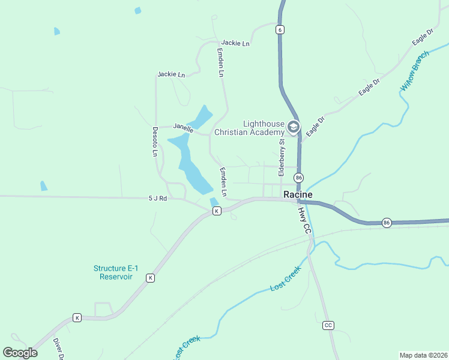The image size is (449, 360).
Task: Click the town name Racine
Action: (298, 194)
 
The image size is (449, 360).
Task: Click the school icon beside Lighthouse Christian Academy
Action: (294, 127)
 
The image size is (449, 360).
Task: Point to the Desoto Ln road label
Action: (154, 142)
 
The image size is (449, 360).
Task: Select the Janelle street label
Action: (183, 127)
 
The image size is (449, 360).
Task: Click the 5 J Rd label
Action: (156, 198)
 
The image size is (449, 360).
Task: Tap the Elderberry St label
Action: (281, 157)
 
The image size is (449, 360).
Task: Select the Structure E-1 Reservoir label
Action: (113, 272)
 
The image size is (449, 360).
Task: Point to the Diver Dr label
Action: (58, 348)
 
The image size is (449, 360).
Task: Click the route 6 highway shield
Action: (280, 29)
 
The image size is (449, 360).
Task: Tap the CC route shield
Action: (328, 325)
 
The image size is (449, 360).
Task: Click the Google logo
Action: (20, 353)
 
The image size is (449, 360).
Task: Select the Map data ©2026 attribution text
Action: (424, 355)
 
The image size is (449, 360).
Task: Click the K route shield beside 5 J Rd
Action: (217, 211)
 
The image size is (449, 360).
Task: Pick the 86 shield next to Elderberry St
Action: (298, 178)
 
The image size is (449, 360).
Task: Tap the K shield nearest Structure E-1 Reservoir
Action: (150, 278)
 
